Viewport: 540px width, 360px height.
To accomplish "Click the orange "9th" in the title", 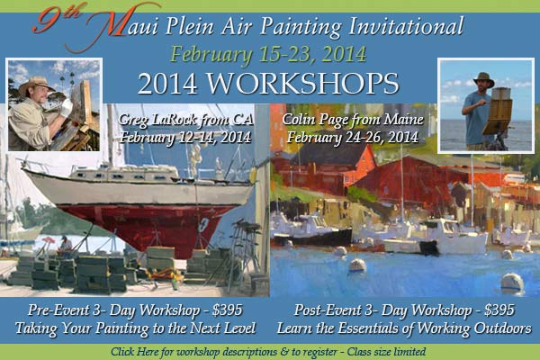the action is (57, 21).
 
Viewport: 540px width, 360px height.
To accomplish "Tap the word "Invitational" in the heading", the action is (406, 26).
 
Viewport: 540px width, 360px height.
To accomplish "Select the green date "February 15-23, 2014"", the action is (268, 54).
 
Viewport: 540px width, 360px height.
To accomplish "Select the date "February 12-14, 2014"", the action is (185, 137).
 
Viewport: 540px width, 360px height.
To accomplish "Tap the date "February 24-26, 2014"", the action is (353, 137).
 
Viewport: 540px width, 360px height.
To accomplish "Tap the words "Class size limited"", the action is (386, 352).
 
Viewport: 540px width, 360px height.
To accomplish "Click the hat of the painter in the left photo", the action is (35, 85).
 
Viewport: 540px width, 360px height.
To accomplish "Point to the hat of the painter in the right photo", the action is (483, 79).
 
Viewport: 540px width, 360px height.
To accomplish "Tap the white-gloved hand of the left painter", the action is (67, 106).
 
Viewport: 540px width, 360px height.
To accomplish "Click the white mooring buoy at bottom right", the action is (512, 283).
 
